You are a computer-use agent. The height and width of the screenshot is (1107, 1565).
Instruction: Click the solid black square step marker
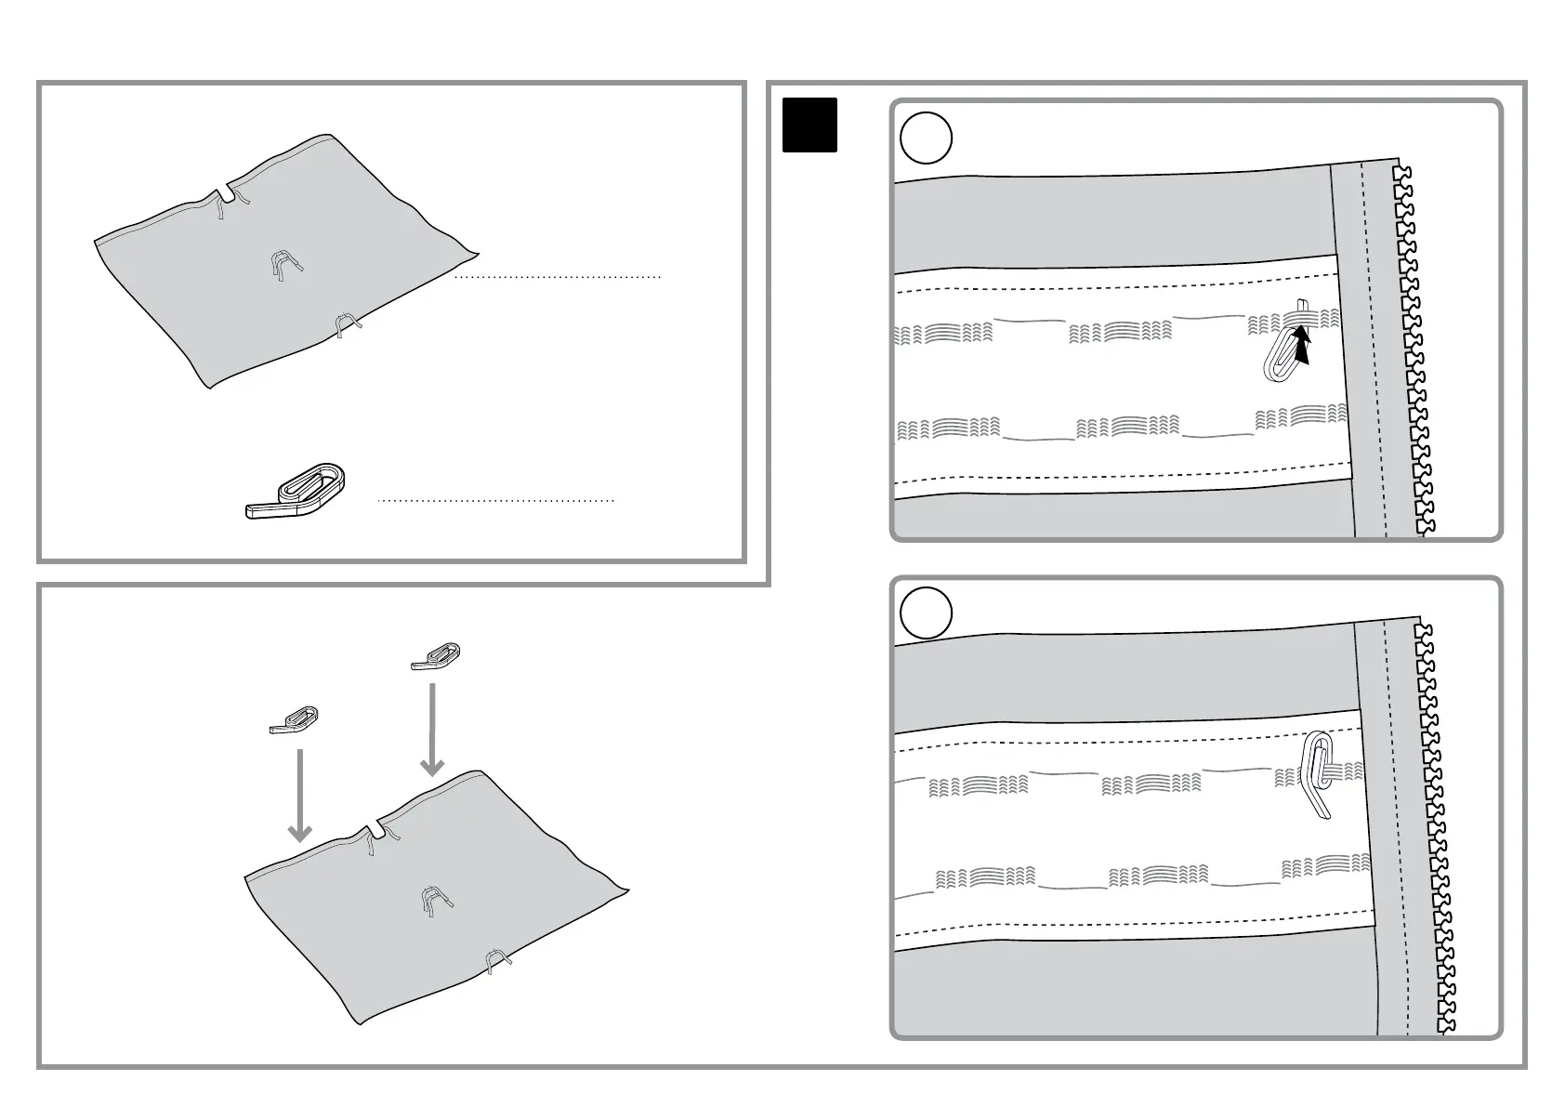[x=809, y=125]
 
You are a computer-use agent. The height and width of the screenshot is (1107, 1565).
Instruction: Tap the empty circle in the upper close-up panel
[x=927, y=138]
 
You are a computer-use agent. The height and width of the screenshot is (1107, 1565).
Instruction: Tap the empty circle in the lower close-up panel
[x=927, y=613]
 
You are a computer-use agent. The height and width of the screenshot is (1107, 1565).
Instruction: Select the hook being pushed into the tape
[x=1282, y=356]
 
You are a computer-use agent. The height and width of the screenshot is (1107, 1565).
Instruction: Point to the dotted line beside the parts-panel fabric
[x=558, y=277]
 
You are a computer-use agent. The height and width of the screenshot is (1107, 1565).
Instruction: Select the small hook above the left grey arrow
[x=295, y=720]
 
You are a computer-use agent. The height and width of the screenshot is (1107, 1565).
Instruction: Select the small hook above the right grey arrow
[x=437, y=656]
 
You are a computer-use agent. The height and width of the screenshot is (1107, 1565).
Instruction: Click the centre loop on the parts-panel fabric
[x=286, y=265]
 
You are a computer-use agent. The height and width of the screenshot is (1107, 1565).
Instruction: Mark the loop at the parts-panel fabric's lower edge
[x=348, y=324]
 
